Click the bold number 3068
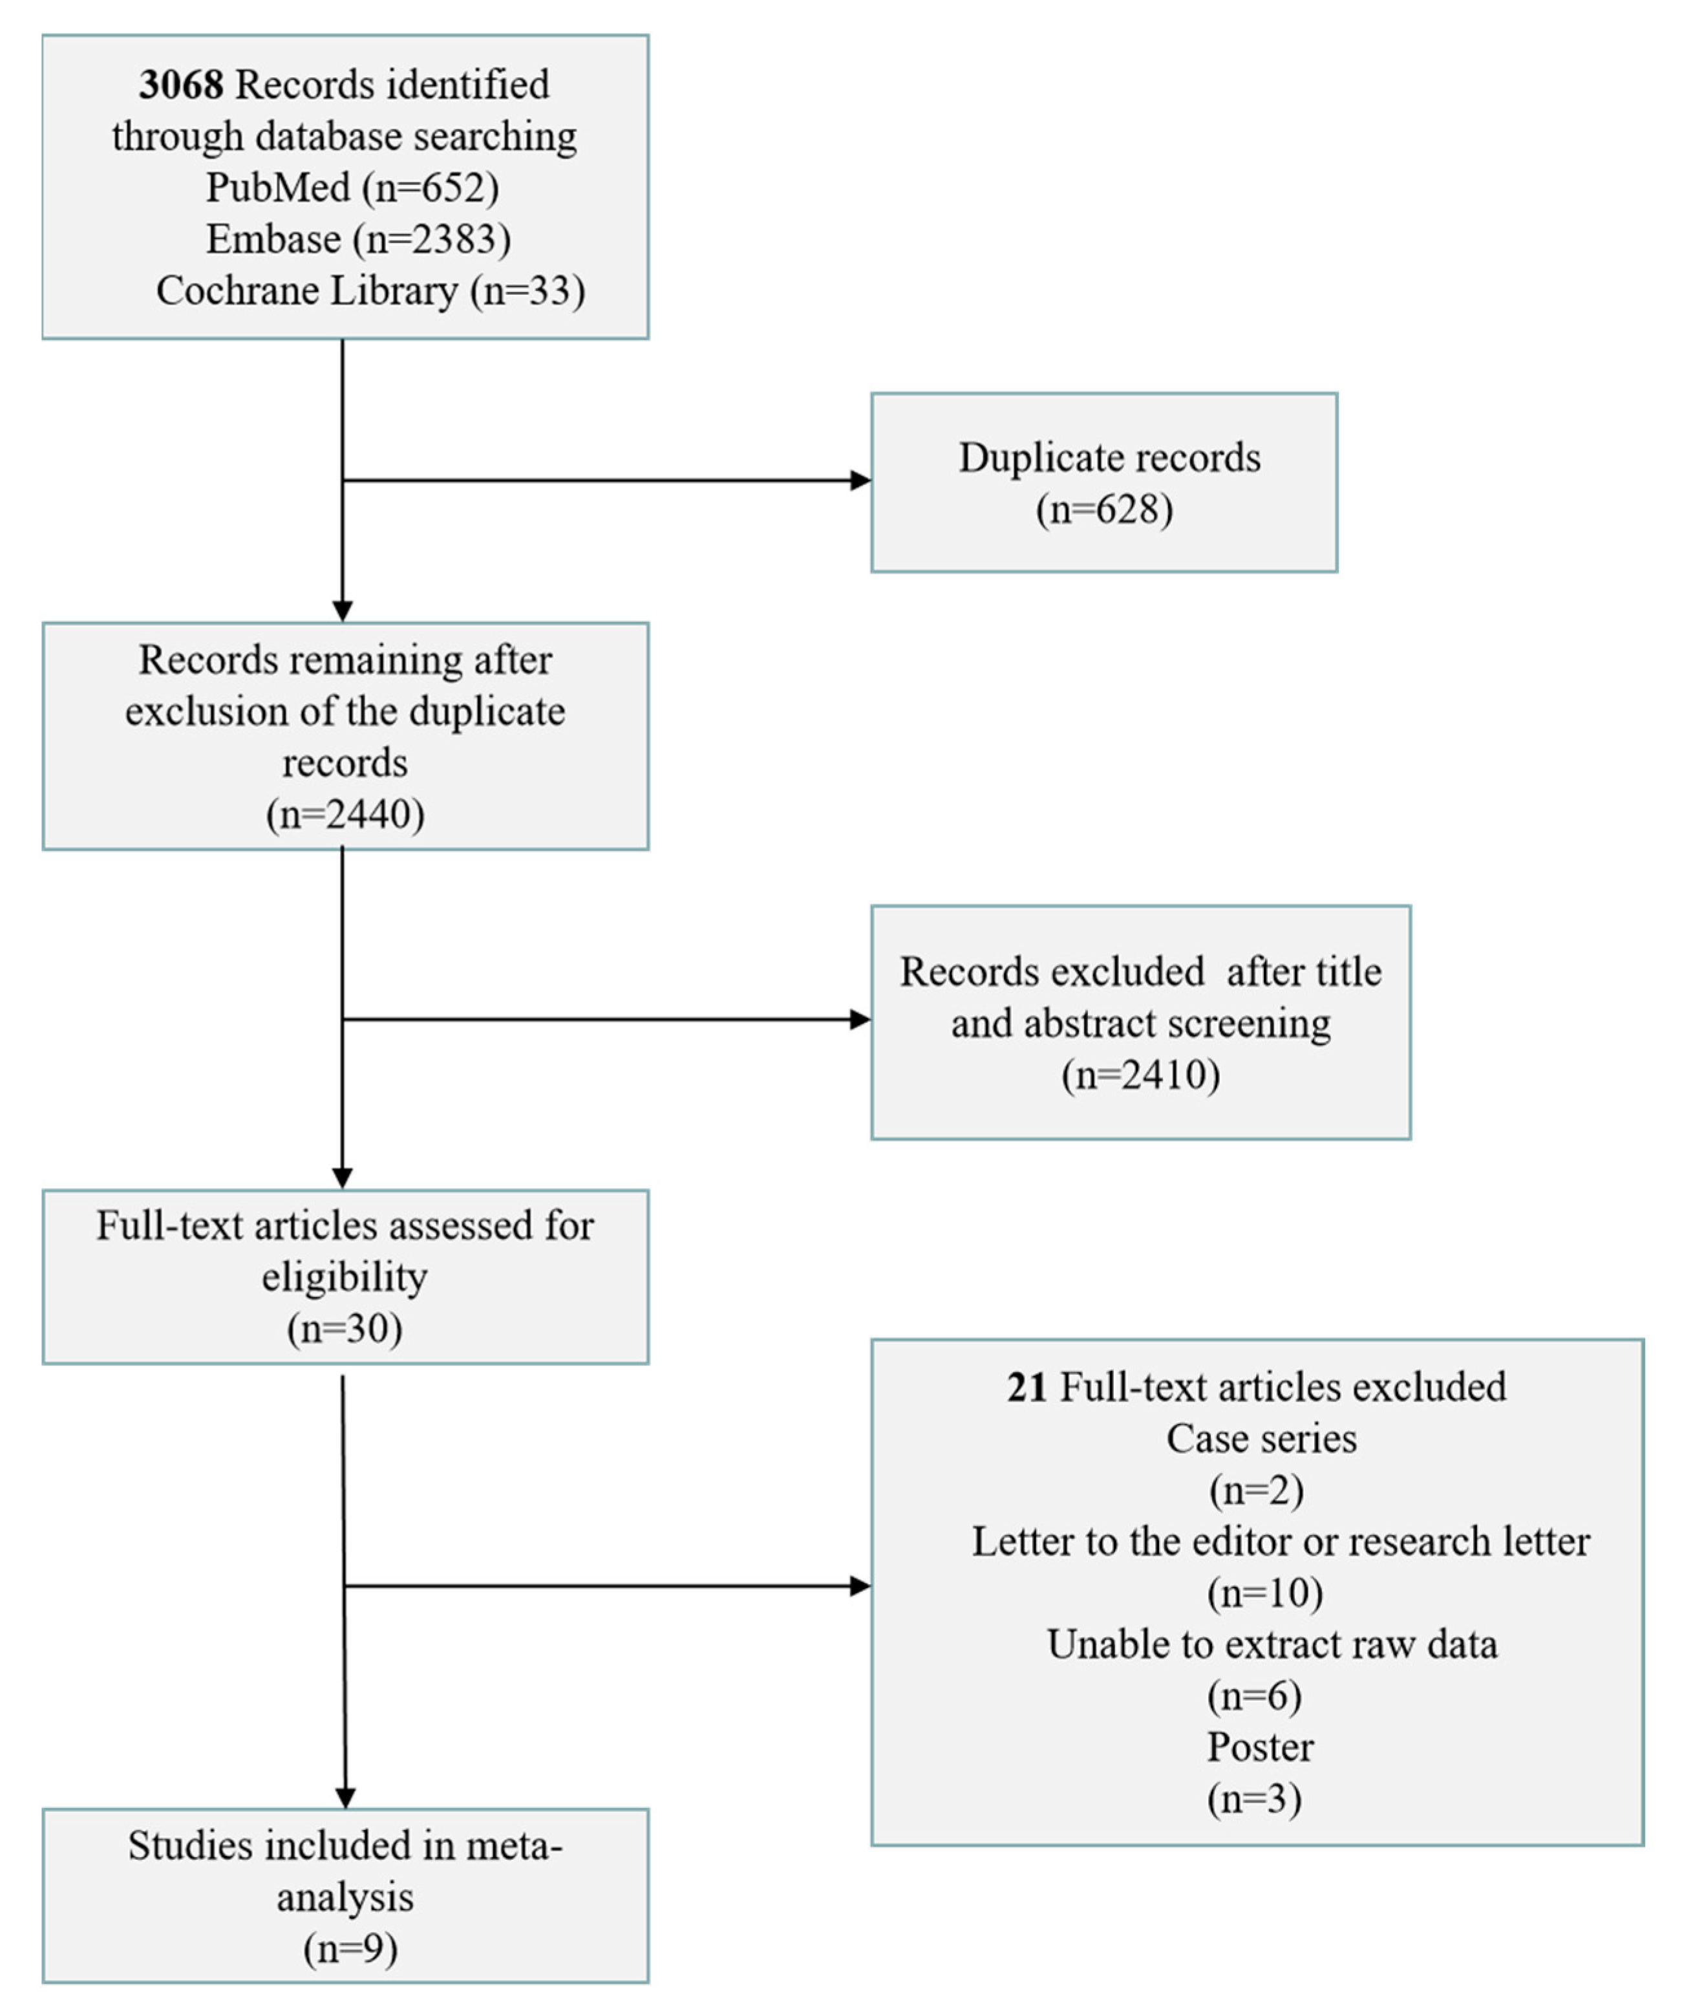180,85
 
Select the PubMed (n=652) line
352,187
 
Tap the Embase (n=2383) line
358,239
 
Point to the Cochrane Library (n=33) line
370,291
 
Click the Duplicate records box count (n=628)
1103,509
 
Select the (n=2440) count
345,814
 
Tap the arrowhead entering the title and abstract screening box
861,1020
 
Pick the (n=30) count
345,1329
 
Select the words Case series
1261,1439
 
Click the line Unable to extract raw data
1272,1645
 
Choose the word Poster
1259,1748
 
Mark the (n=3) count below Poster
1254,1799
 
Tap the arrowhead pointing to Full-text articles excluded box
861,1586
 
